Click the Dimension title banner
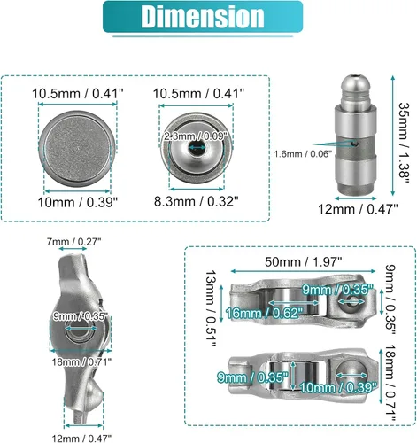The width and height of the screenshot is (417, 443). (203, 17)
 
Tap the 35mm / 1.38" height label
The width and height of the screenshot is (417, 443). (404, 144)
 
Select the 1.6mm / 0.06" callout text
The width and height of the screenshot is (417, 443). (303, 154)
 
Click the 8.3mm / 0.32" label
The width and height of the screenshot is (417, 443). (196, 202)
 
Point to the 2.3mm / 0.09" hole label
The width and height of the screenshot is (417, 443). (196, 136)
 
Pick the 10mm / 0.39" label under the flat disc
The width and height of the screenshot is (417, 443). (78, 203)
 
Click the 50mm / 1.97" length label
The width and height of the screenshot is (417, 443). (304, 262)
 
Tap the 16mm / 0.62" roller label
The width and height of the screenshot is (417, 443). (265, 313)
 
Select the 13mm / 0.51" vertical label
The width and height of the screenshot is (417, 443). (211, 308)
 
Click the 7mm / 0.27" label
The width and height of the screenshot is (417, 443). (73, 242)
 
